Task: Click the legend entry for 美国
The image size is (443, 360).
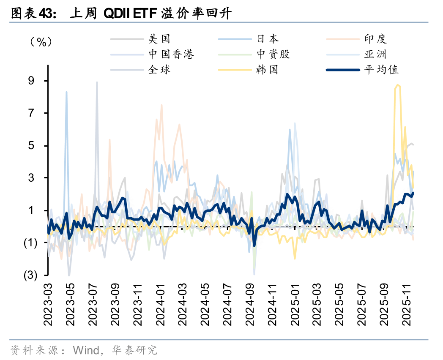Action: pyautogui.click(x=159, y=39)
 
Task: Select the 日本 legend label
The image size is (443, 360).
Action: pyautogui.click(x=268, y=39)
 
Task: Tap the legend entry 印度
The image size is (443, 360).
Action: pyautogui.click(x=375, y=39)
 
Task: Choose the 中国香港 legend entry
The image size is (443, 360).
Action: pyautogui.click(x=171, y=54)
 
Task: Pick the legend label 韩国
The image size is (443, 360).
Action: pyautogui.click(x=267, y=69)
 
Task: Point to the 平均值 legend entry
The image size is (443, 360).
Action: pyautogui.click(x=381, y=69)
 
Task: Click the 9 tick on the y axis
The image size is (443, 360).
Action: pyautogui.click(x=32, y=81)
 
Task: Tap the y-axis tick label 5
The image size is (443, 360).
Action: pyautogui.click(x=32, y=146)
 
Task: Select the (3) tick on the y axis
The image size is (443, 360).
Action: pyautogui.click(x=30, y=275)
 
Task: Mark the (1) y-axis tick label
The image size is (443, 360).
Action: pyautogui.click(x=30, y=243)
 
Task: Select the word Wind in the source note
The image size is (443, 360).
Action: pyautogui.click(x=85, y=350)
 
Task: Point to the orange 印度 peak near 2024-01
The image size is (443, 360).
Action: pyautogui.click(x=161, y=105)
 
